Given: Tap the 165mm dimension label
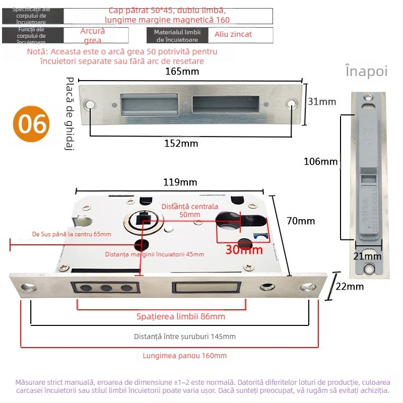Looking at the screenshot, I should tap(182, 72).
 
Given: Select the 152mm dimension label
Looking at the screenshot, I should tap(181, 144).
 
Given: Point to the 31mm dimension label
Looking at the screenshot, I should tap(322, 102).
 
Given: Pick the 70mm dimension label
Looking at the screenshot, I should tap(300, 221).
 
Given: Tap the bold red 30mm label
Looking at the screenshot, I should tap(244, 249).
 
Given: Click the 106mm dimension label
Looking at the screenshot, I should tap(320, 162).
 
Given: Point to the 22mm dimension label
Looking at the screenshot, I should tap(349, 287).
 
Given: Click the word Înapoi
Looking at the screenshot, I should tap(367, 71).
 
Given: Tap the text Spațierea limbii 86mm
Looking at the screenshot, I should tap(181, 316).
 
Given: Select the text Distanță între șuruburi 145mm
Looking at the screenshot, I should tap(184, 337).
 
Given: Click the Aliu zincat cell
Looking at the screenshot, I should tap(233, 34).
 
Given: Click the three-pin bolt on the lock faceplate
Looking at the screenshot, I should tap(106, 288).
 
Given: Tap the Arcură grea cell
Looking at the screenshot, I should tap(93, 35).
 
